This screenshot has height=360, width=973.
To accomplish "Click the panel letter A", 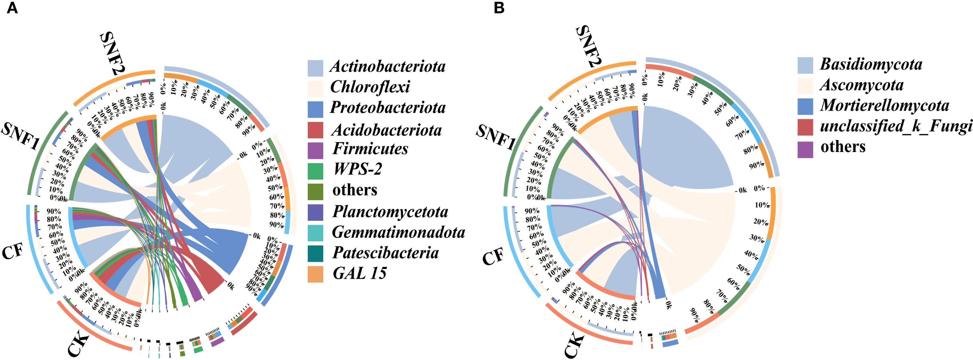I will click(12, 8).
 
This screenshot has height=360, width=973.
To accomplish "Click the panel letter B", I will click(499, 8).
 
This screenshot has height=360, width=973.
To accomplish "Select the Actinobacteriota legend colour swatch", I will click(315, 68).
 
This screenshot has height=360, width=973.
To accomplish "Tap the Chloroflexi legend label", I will click(370, 87).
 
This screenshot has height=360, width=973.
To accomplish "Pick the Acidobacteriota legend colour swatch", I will click(315, 130).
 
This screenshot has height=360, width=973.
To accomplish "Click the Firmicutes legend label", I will click(370, 148).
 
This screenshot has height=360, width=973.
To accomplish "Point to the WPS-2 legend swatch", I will click(315, 171).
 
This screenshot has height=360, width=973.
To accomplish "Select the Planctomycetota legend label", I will click(390, 212).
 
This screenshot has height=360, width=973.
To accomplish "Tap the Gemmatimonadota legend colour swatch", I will click(315, 232).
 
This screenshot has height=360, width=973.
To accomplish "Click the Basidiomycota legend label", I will click(871, 64).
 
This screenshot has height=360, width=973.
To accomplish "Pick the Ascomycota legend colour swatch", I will click(805, 86).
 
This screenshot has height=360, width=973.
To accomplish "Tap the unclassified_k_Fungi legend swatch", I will click(805, 127).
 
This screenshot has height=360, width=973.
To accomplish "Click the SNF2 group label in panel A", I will click(113, 55).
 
